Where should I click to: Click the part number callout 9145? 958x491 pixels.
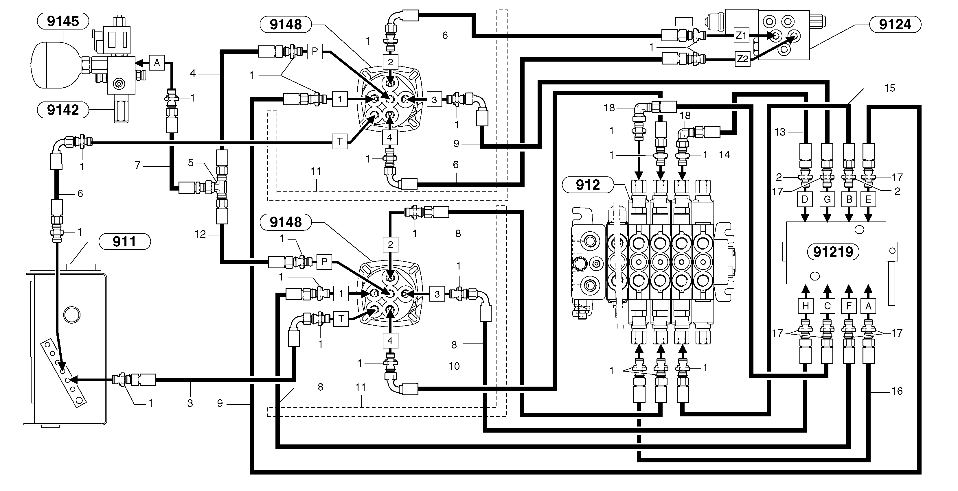63,21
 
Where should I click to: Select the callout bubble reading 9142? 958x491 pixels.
63,110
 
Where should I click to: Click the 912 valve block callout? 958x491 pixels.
588,185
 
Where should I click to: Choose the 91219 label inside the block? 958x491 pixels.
833,252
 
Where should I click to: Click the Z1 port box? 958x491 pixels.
741,35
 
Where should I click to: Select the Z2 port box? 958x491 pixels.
742,59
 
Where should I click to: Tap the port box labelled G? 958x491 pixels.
827,200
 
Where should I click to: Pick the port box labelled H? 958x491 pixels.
806,306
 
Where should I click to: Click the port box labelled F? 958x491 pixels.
849,306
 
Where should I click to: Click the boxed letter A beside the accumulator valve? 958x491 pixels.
157,63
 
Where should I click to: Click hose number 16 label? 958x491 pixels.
897,391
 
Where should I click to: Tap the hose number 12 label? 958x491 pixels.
200,234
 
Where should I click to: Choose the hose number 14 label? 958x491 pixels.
725,155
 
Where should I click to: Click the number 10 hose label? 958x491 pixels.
454,366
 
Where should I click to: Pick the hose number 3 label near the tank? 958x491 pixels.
190,403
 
